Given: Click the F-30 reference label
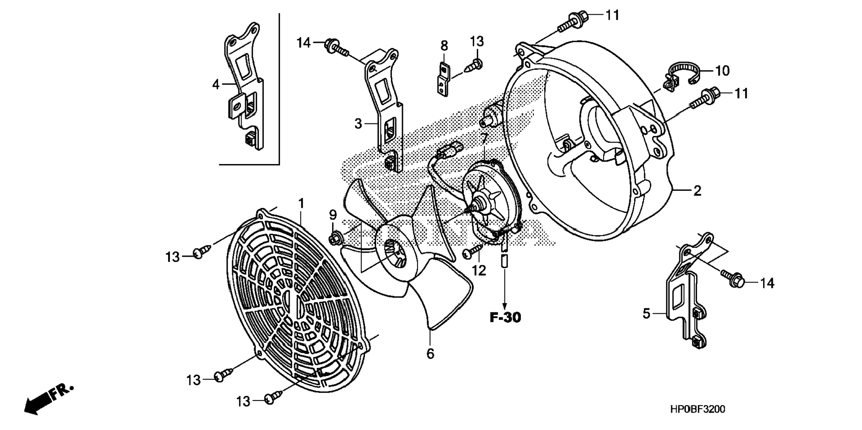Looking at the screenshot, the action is click(x=505, y=317).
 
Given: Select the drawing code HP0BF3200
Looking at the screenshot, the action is click(x=697, y=409).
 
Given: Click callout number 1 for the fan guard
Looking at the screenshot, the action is click(x=301, y=204).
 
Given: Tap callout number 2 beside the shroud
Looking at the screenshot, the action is click(x=697, y=191).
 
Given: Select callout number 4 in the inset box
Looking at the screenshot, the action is click(x=216, y=84).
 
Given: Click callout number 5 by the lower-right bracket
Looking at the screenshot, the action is click(x=646, y=314).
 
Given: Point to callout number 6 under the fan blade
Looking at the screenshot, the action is click(x=430, y=354).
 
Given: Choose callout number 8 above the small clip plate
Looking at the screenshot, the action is click(x=444, y=45).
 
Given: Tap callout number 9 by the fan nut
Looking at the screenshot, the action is click(x=333, y=215).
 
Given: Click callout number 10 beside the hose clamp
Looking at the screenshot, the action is click(x=722, y=70).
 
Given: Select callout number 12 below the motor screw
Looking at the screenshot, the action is click(x=479, y=270).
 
